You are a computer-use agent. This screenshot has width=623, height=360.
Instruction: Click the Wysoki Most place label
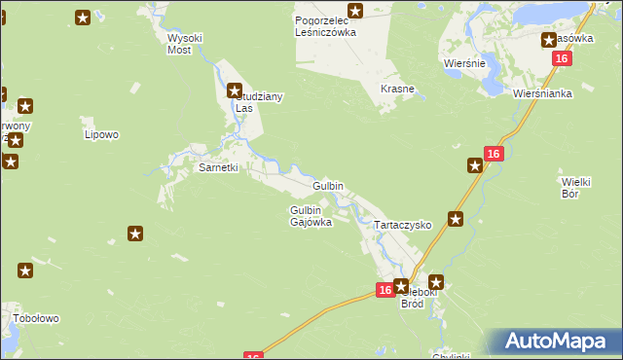point(185,43)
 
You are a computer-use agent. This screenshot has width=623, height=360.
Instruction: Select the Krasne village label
point(397,89)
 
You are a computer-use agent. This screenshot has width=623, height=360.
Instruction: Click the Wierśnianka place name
point(538,94)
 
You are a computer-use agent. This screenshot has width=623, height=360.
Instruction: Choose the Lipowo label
point(101,134)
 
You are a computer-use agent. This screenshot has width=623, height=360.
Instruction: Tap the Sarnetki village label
point(218,167)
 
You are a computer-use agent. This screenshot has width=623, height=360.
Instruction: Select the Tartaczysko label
point(403,224)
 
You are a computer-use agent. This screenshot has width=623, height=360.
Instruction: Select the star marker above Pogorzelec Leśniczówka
point(355,12)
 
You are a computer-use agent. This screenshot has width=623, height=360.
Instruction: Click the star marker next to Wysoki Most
point(83,17)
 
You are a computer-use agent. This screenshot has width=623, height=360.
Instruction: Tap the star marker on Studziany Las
point(235,92)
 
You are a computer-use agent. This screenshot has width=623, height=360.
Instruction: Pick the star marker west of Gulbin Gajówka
point(135,234)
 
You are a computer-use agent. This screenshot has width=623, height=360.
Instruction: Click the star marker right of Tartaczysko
point(455,220)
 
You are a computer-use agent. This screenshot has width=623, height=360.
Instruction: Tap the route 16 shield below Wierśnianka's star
point(561,58)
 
